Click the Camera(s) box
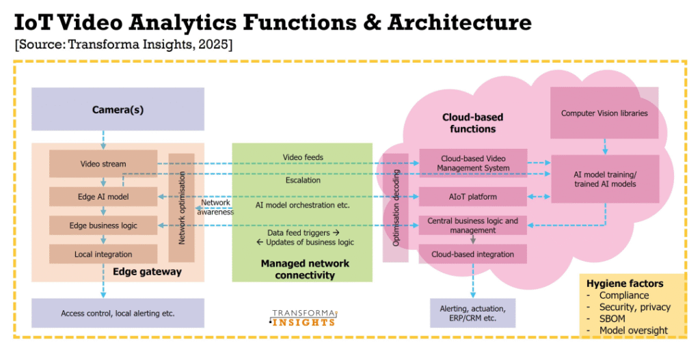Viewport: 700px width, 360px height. (118, 109)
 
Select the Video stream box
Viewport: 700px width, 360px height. (103, 164)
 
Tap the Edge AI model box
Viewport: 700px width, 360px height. (103, 197)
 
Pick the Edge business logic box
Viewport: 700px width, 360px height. (103, 225)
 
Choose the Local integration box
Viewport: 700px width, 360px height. (103, 254)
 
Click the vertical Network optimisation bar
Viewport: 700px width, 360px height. (182, 208)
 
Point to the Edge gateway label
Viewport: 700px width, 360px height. (147, 272)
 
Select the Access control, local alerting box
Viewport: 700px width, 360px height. (118, 314)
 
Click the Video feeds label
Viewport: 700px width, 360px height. (303, 158)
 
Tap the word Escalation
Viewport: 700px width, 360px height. (303, 181)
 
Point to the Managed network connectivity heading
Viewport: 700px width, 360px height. (305, 269)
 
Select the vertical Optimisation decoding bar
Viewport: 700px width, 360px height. (394, 208)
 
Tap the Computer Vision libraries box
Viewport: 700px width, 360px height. (604, 113)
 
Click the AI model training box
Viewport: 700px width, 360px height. (604, 179)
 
